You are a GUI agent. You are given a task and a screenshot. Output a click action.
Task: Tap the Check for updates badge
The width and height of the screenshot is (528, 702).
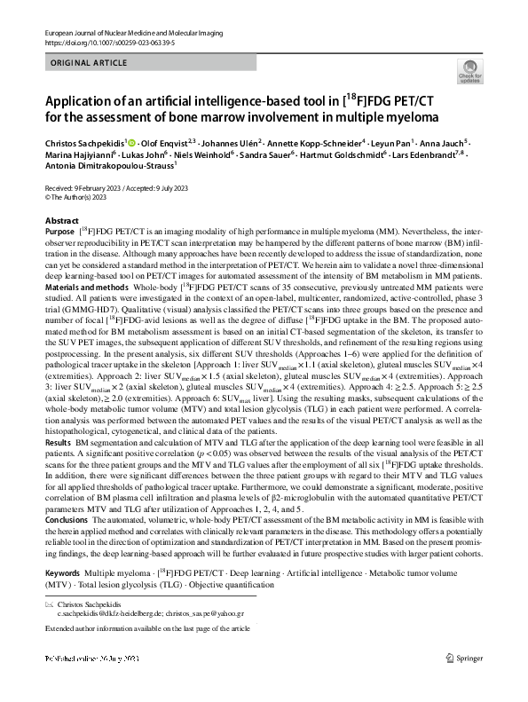coord(469,72)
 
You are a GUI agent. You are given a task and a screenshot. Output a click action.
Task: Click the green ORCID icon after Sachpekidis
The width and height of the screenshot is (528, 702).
coord(132,142)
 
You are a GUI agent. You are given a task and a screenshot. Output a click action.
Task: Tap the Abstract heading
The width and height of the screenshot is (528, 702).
coord(61,220)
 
